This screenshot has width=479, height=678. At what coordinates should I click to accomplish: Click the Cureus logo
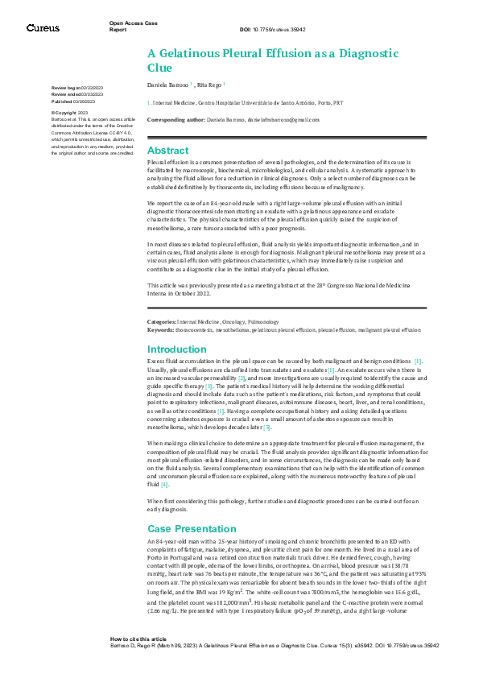[43, 27]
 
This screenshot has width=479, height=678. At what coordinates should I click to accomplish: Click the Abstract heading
[167, 151]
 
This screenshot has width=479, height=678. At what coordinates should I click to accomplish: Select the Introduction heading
[176, 349]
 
